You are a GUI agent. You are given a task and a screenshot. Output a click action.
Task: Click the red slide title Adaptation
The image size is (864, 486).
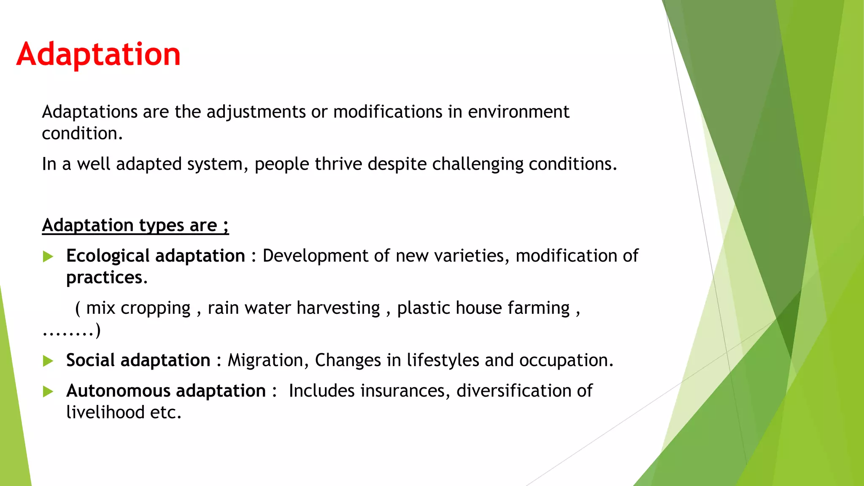pyautogui.click(x=99, y=54)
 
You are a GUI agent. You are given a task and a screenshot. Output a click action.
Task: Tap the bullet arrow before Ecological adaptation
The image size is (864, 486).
pyautogui.click(x=48, y=256)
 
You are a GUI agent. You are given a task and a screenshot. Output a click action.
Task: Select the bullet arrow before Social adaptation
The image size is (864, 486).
pyautogui.click(x=48, y=361)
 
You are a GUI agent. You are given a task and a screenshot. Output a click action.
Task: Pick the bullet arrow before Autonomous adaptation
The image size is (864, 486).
pyautogui.click(x=48, y=391)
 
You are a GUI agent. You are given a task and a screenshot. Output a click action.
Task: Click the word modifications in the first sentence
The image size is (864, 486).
pyautogui.click(x=388, y=112)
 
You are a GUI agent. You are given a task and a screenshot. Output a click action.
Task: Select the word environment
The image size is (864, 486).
pyautogui.click(x=518, y=112)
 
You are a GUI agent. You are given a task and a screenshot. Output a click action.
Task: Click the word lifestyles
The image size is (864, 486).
pyautogui.click(x=443, y=361)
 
